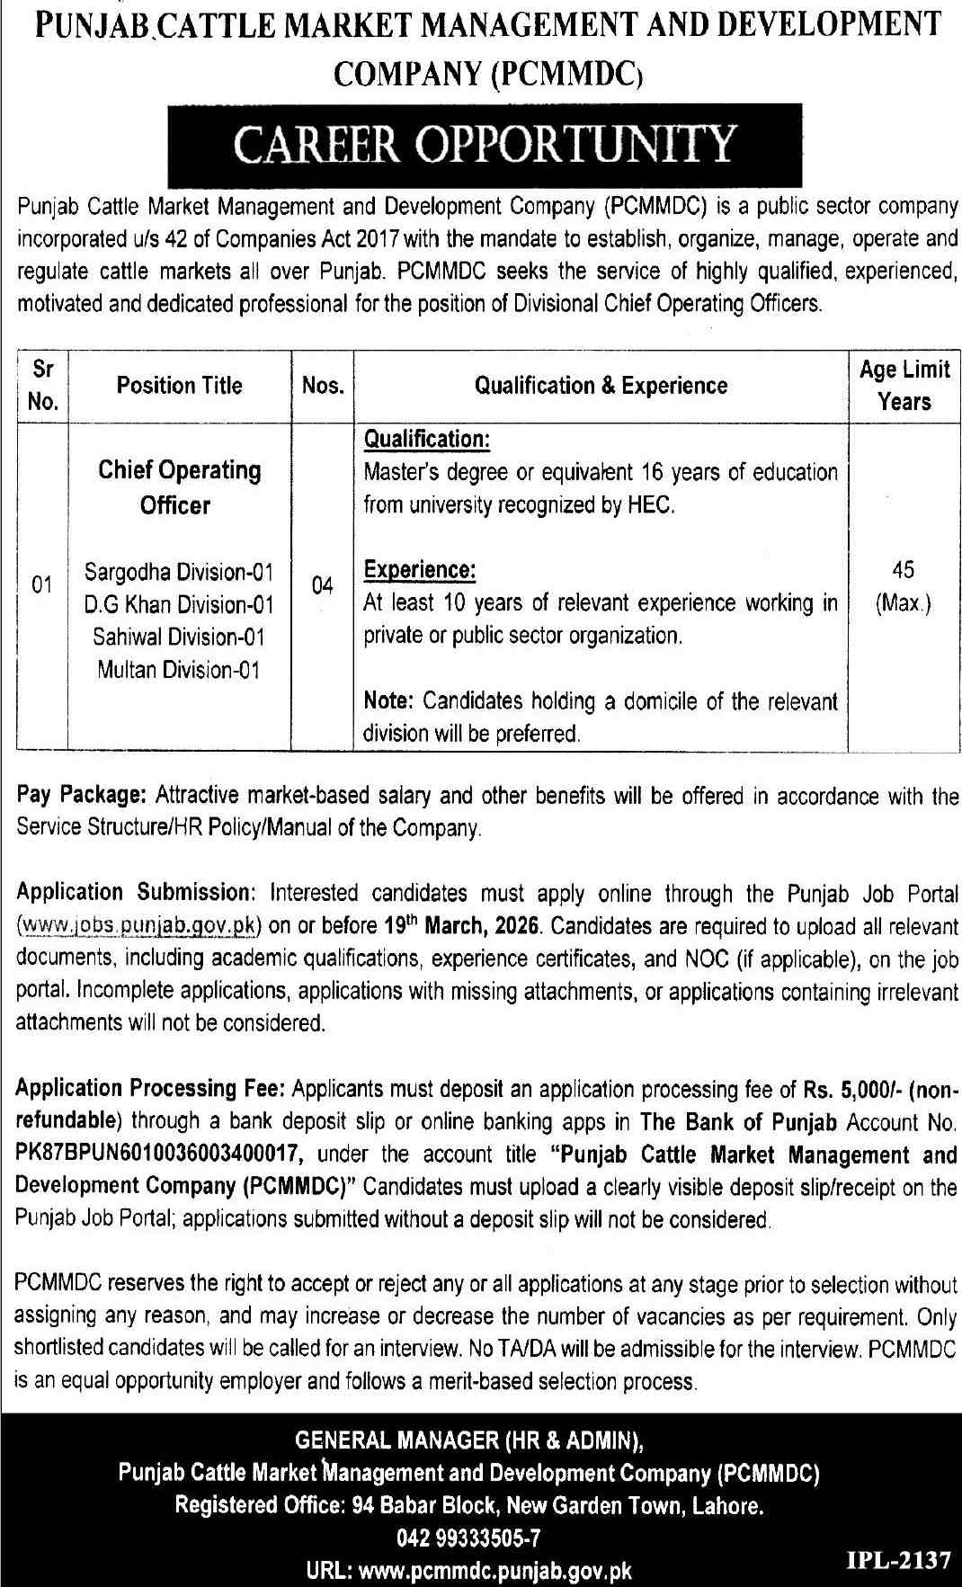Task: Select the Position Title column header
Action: coord(179,386)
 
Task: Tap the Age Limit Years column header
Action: coord(904,385)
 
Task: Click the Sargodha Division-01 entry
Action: coord(179,572)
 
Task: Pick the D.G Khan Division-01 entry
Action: coord(179,604)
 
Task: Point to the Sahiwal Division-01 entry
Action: coord(179,637)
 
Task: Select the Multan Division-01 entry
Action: coord(179,670)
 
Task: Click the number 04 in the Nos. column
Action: coord(322,586)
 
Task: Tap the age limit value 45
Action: coord(904,570)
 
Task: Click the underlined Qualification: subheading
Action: coord(426,439)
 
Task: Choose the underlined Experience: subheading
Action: coord(420,570)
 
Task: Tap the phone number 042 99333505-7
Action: coord(468,1538)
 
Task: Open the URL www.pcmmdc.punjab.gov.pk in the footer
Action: coord(494,1571)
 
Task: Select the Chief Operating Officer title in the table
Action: coord(179,487)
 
